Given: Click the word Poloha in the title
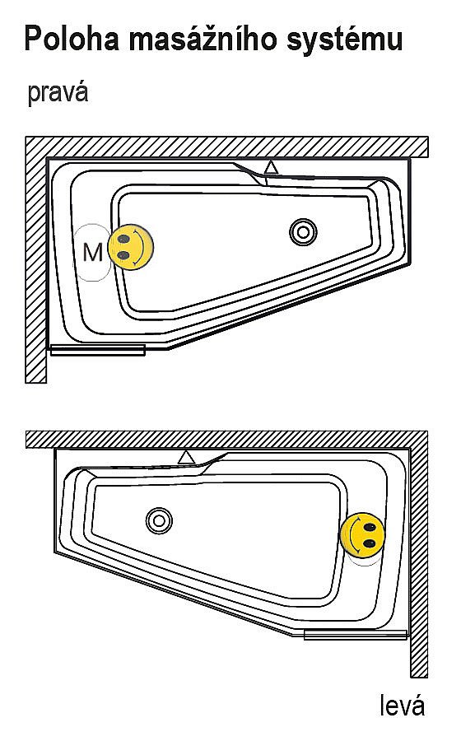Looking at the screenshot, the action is pyautogui.click(x=72, y=39).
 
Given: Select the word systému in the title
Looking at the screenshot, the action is pyautogui.click(x=345, y=40).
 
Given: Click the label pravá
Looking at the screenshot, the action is pyautogui.click(x=58, y=92).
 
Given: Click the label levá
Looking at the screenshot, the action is pyautogui.click(x=403, y=706).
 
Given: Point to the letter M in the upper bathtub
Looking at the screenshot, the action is pyautogui.click(x=92, y=253).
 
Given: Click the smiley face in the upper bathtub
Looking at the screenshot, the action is pyautogui.click(x=130, y=247).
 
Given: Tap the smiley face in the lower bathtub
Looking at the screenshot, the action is pyautogui.click(x=363, y=535).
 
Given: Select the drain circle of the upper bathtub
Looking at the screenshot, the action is pyautogui.click(x=303, y=232).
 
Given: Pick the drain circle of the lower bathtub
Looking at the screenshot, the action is pyautogui.click(x=159, y=521).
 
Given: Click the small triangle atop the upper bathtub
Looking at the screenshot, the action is pyautogui.click(x=271, y=167).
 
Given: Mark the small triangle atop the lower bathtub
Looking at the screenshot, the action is pyautogui.click(x=187, y=458).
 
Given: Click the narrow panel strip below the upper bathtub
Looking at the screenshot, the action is pyautogui.click(x=97, y=350).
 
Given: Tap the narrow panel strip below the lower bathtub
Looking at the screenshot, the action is pyautogui.click(x=356, y=635).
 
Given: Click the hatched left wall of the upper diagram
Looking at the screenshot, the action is pyautogui.click(x=36, y=269).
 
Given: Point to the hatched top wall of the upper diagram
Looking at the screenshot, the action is pyautogui.click(x=226, y=147).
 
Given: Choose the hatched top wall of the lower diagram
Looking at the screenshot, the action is pyautogui.click(x=226, y=440).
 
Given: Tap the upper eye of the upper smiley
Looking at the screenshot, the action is pyautogui.click(x=124, y=239).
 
